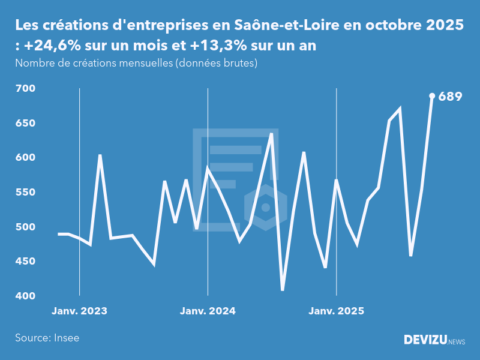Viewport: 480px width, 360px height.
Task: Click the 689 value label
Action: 450,96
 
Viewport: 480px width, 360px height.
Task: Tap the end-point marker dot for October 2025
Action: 432,95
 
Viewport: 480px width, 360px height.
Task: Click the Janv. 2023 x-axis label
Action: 79,311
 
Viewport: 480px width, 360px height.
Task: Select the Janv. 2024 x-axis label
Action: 208,311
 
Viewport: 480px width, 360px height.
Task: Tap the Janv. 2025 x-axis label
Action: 336,311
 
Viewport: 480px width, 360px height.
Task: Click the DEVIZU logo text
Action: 425,340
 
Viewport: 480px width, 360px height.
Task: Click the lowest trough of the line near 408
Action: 283,289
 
